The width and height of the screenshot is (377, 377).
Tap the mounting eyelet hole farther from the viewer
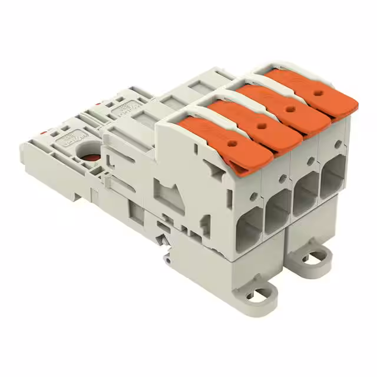317,257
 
